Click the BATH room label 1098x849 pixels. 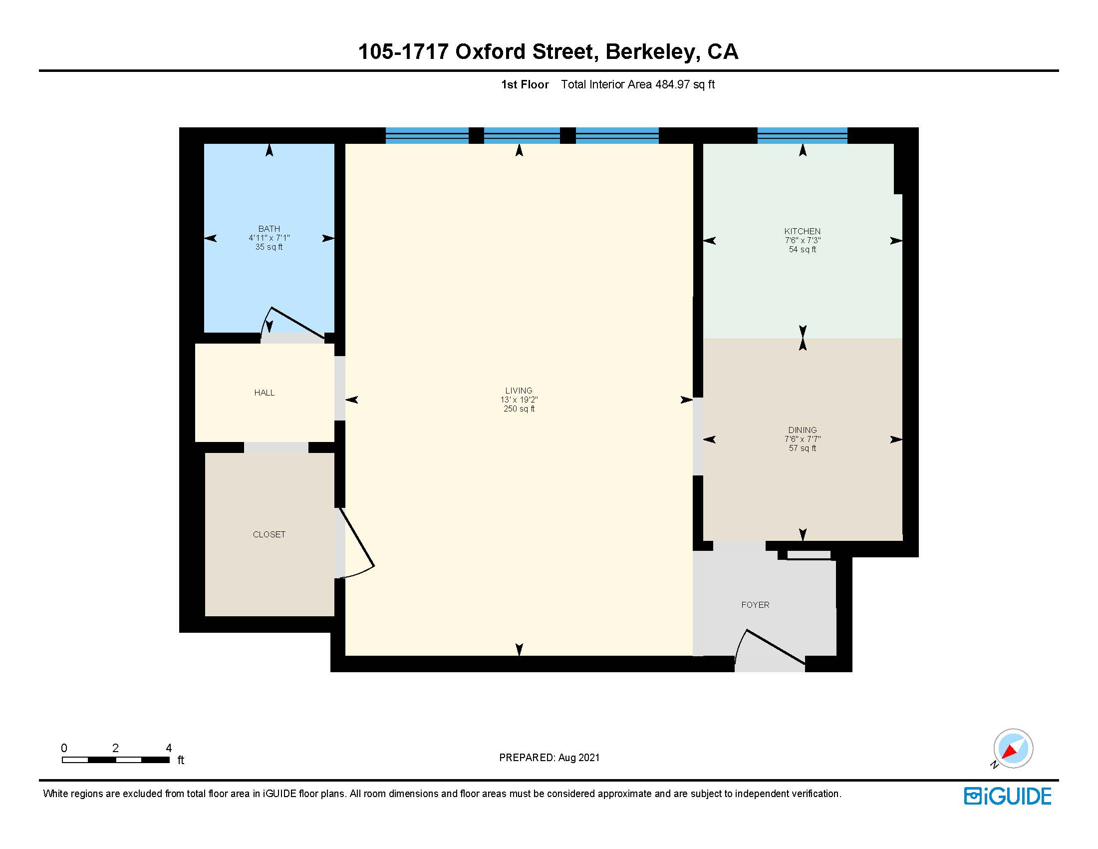point(269,229)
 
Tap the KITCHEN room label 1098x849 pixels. point(802,231)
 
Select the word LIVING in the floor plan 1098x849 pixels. point(519,391)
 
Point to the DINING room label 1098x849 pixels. point(802,430)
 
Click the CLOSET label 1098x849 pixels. point(269,534)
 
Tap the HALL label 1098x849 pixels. point(264,393)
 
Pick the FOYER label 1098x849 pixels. point(755,605)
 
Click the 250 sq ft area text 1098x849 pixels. point(519,409)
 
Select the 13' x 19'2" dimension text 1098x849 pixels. point(519,400)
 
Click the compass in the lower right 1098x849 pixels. point(1012,749)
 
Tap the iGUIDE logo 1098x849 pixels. point(1008,796)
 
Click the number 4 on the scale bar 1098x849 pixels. point(169,748)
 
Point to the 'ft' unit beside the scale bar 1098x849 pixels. point(181,760)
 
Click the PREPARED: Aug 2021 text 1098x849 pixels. point(549,758)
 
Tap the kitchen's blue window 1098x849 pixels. point(802,136)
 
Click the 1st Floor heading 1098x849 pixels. point(525,84)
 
